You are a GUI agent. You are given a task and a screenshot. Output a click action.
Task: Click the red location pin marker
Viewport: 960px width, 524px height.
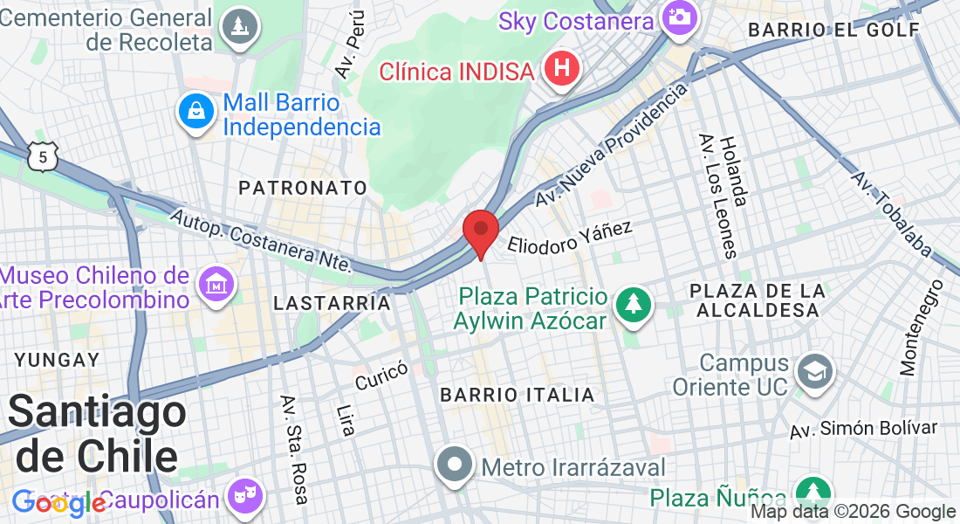(480, 231)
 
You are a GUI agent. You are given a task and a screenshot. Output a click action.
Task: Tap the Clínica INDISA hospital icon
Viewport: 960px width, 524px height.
(562, 69)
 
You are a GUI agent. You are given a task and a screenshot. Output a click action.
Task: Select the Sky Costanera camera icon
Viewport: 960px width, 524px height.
(678, 17)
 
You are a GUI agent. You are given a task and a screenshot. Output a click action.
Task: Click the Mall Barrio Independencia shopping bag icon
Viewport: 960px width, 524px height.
(197, 112)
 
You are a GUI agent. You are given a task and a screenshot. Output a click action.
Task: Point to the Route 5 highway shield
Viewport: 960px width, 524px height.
(42, 156)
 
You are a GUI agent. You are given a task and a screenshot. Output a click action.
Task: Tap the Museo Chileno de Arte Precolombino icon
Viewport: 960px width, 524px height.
(216, 285)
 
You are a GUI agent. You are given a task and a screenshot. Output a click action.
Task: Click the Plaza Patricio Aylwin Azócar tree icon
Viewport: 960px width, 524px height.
(634, 306)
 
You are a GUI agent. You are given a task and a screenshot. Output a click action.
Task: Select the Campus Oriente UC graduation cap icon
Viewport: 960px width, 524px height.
(814, 372)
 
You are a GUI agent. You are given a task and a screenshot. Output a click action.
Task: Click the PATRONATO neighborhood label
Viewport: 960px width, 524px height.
(303, 188)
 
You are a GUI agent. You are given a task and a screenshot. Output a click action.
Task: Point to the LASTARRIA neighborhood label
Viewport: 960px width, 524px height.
(332, 303)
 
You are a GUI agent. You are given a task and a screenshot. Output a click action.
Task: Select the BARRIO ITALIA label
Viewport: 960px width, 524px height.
(518, 395)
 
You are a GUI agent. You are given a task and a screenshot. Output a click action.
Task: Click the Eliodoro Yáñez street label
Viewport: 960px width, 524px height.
(570, 237)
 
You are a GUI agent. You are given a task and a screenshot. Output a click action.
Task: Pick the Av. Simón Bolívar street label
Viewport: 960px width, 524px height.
(863, 429)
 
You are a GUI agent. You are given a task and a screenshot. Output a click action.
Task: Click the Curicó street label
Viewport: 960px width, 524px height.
(381, 376)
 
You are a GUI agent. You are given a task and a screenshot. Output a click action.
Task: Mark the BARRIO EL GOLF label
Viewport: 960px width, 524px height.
(834, 30)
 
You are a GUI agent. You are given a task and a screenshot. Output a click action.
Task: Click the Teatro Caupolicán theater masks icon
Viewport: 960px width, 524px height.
(242, 498)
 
